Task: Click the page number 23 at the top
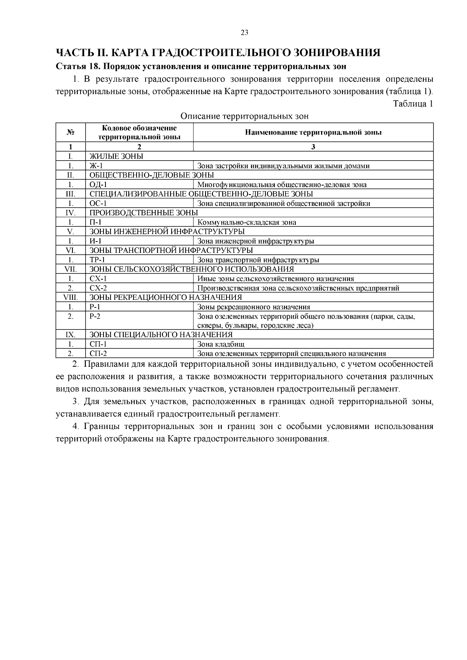coord(244,33)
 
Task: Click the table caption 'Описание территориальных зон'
coord(244,116)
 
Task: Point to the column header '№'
coord(70,132)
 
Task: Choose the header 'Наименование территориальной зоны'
coord(313,132)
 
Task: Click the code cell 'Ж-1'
coord(96,166)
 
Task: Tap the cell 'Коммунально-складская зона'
coord(247,222)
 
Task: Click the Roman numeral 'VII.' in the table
coord(70,269)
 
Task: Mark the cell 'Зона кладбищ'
coord(221,344)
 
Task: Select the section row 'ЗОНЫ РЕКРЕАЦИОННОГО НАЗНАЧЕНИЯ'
coord(166,298)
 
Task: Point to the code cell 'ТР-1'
coord(97,260)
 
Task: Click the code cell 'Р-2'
coord(95,317)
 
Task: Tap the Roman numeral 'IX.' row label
coord(70,335)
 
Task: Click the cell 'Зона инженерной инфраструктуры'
coord(256,241)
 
